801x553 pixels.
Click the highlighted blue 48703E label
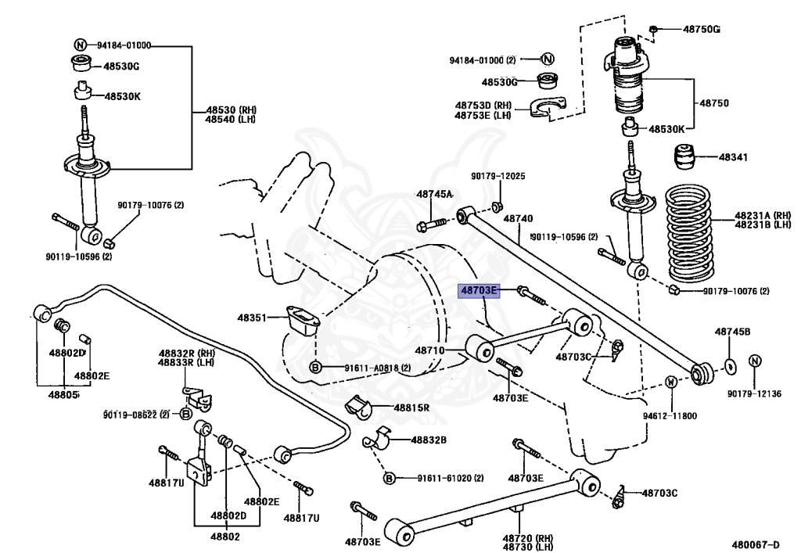click(x=479, y=291)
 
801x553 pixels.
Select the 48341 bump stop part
click(x=686, y=156)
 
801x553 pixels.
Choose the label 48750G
click(x=701, y=30)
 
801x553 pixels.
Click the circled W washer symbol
click(x=671, y=382)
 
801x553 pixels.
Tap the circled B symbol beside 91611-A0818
click(x=314, y=367)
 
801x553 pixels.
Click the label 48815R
click(x=411, y=408)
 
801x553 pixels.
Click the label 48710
click(x=430, y=351)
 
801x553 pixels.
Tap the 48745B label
click(x=732, y=332)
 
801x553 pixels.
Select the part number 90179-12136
click(x=754, y=393)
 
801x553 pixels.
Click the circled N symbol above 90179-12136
click(x=754, y=361)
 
